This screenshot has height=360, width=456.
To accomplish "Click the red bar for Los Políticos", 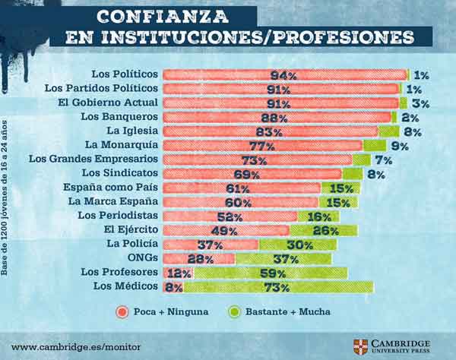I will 285,74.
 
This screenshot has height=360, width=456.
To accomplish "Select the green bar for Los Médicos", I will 278,286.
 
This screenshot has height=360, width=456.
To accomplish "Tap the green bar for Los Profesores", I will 270,272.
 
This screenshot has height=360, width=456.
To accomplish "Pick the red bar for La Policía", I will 211,244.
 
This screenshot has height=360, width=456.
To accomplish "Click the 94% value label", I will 283,75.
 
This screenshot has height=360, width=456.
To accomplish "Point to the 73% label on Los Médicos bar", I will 277,287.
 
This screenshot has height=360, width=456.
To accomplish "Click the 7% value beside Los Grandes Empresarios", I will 382,159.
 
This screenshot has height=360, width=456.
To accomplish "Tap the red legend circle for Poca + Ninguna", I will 121,311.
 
